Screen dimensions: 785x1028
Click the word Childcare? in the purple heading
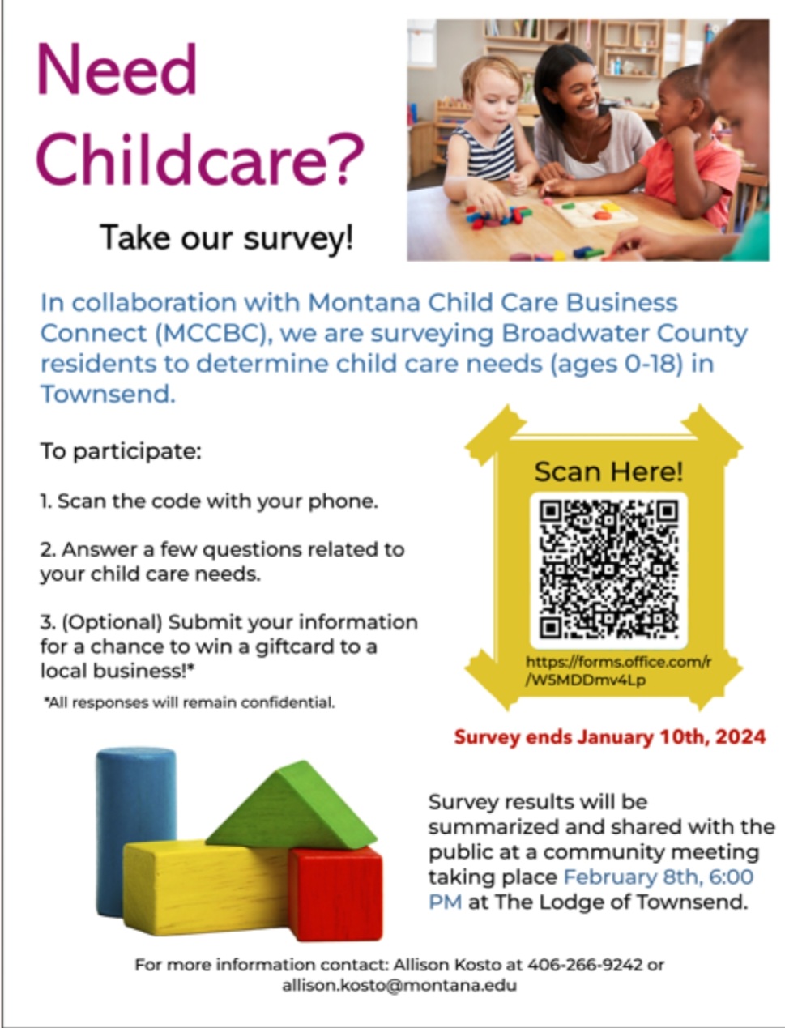click(200, 160)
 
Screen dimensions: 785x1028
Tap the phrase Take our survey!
click(227, 238)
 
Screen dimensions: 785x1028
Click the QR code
click(608, 569)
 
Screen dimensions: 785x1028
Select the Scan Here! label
click(608, 471)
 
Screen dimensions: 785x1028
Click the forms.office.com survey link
click(618, 671)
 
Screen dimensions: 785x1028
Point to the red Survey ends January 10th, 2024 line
click(610, 736)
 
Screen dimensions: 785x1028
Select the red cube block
click(335, 893)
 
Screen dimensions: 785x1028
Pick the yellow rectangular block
click(206, 888)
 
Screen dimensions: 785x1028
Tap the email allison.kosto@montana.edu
click(399, 985)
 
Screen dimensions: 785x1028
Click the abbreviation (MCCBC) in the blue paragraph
click(214, 334)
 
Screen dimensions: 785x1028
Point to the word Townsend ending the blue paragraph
click(108, 394)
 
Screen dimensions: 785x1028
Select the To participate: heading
click(121, 451)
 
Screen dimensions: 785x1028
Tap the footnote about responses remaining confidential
click(190, 702)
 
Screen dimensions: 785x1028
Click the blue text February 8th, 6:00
click(659, 877)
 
